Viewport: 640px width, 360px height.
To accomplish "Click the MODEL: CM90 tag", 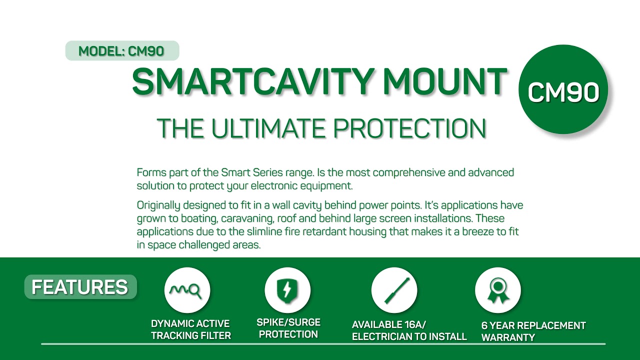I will click(x=121, y=51).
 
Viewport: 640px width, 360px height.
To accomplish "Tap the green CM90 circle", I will click(x=563, y=90).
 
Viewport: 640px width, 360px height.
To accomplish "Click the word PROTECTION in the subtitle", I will click(x=410, y=128).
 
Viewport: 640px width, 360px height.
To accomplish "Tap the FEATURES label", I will click(x=80, y=287).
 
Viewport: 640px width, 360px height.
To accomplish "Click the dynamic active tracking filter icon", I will click(x=187, y=290).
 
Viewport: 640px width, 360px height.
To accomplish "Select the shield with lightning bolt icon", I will click(x=287, y=290).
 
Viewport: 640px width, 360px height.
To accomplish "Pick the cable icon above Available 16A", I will click(x=394, y=290).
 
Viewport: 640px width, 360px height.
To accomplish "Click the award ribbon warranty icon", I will click(x=497, y=290).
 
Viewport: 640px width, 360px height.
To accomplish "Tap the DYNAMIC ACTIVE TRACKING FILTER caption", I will click(x=190, y=330).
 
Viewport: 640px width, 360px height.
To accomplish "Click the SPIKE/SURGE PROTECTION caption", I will click(x=288, y=328).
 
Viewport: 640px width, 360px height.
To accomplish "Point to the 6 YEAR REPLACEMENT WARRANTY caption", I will click(x=533, y=331).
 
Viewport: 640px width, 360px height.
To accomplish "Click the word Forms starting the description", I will click(x=149, y=173).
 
